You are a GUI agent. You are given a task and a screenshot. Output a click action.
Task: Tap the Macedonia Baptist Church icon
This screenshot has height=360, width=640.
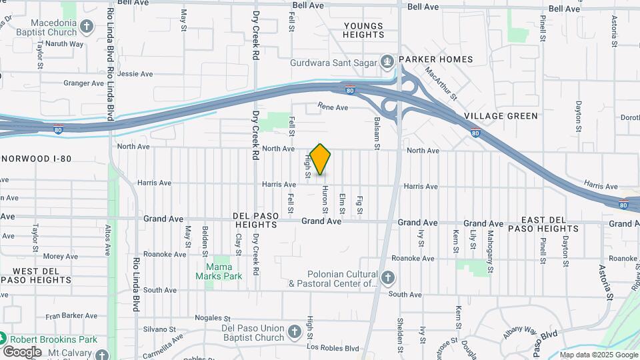pos(86,27)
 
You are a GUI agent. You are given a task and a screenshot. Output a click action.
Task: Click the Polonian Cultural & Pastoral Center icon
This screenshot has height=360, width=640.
pos(389,277)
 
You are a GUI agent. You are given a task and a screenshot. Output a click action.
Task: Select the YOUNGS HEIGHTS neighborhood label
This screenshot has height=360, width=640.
pos(364,30)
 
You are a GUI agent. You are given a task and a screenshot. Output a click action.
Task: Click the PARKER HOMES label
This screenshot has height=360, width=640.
pos(436,59)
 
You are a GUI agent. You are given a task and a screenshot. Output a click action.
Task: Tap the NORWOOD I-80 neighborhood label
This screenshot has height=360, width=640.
pos(37,159)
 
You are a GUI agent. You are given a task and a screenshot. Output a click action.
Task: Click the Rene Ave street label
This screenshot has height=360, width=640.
pos(333,107)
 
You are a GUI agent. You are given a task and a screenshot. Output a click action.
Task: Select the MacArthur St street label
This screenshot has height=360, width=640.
pos(441,85)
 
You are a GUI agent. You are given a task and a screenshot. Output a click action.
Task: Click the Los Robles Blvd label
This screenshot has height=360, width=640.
pos(333,349)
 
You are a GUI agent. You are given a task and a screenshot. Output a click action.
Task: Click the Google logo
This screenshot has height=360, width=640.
pos(22,351)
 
